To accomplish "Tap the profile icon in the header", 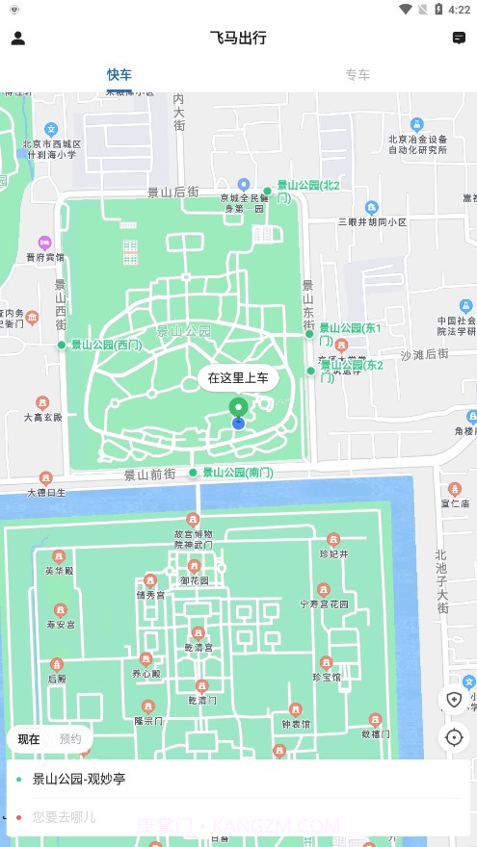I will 17,38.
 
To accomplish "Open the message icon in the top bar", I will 459,38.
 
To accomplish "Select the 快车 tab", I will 119,74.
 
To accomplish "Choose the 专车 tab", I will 358,74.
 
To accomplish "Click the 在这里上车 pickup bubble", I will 238,378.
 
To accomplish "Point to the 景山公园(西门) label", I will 106,345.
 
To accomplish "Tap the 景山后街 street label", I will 172,192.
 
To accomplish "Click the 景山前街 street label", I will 149,475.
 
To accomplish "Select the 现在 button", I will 29,739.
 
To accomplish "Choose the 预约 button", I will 70,739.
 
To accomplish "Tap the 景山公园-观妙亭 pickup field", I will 79,779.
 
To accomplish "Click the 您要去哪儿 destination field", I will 65,817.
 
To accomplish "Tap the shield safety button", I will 454,700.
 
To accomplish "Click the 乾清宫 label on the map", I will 198,647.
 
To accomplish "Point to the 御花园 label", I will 194,580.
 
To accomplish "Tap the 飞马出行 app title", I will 238,38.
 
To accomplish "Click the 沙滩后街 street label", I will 425,355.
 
